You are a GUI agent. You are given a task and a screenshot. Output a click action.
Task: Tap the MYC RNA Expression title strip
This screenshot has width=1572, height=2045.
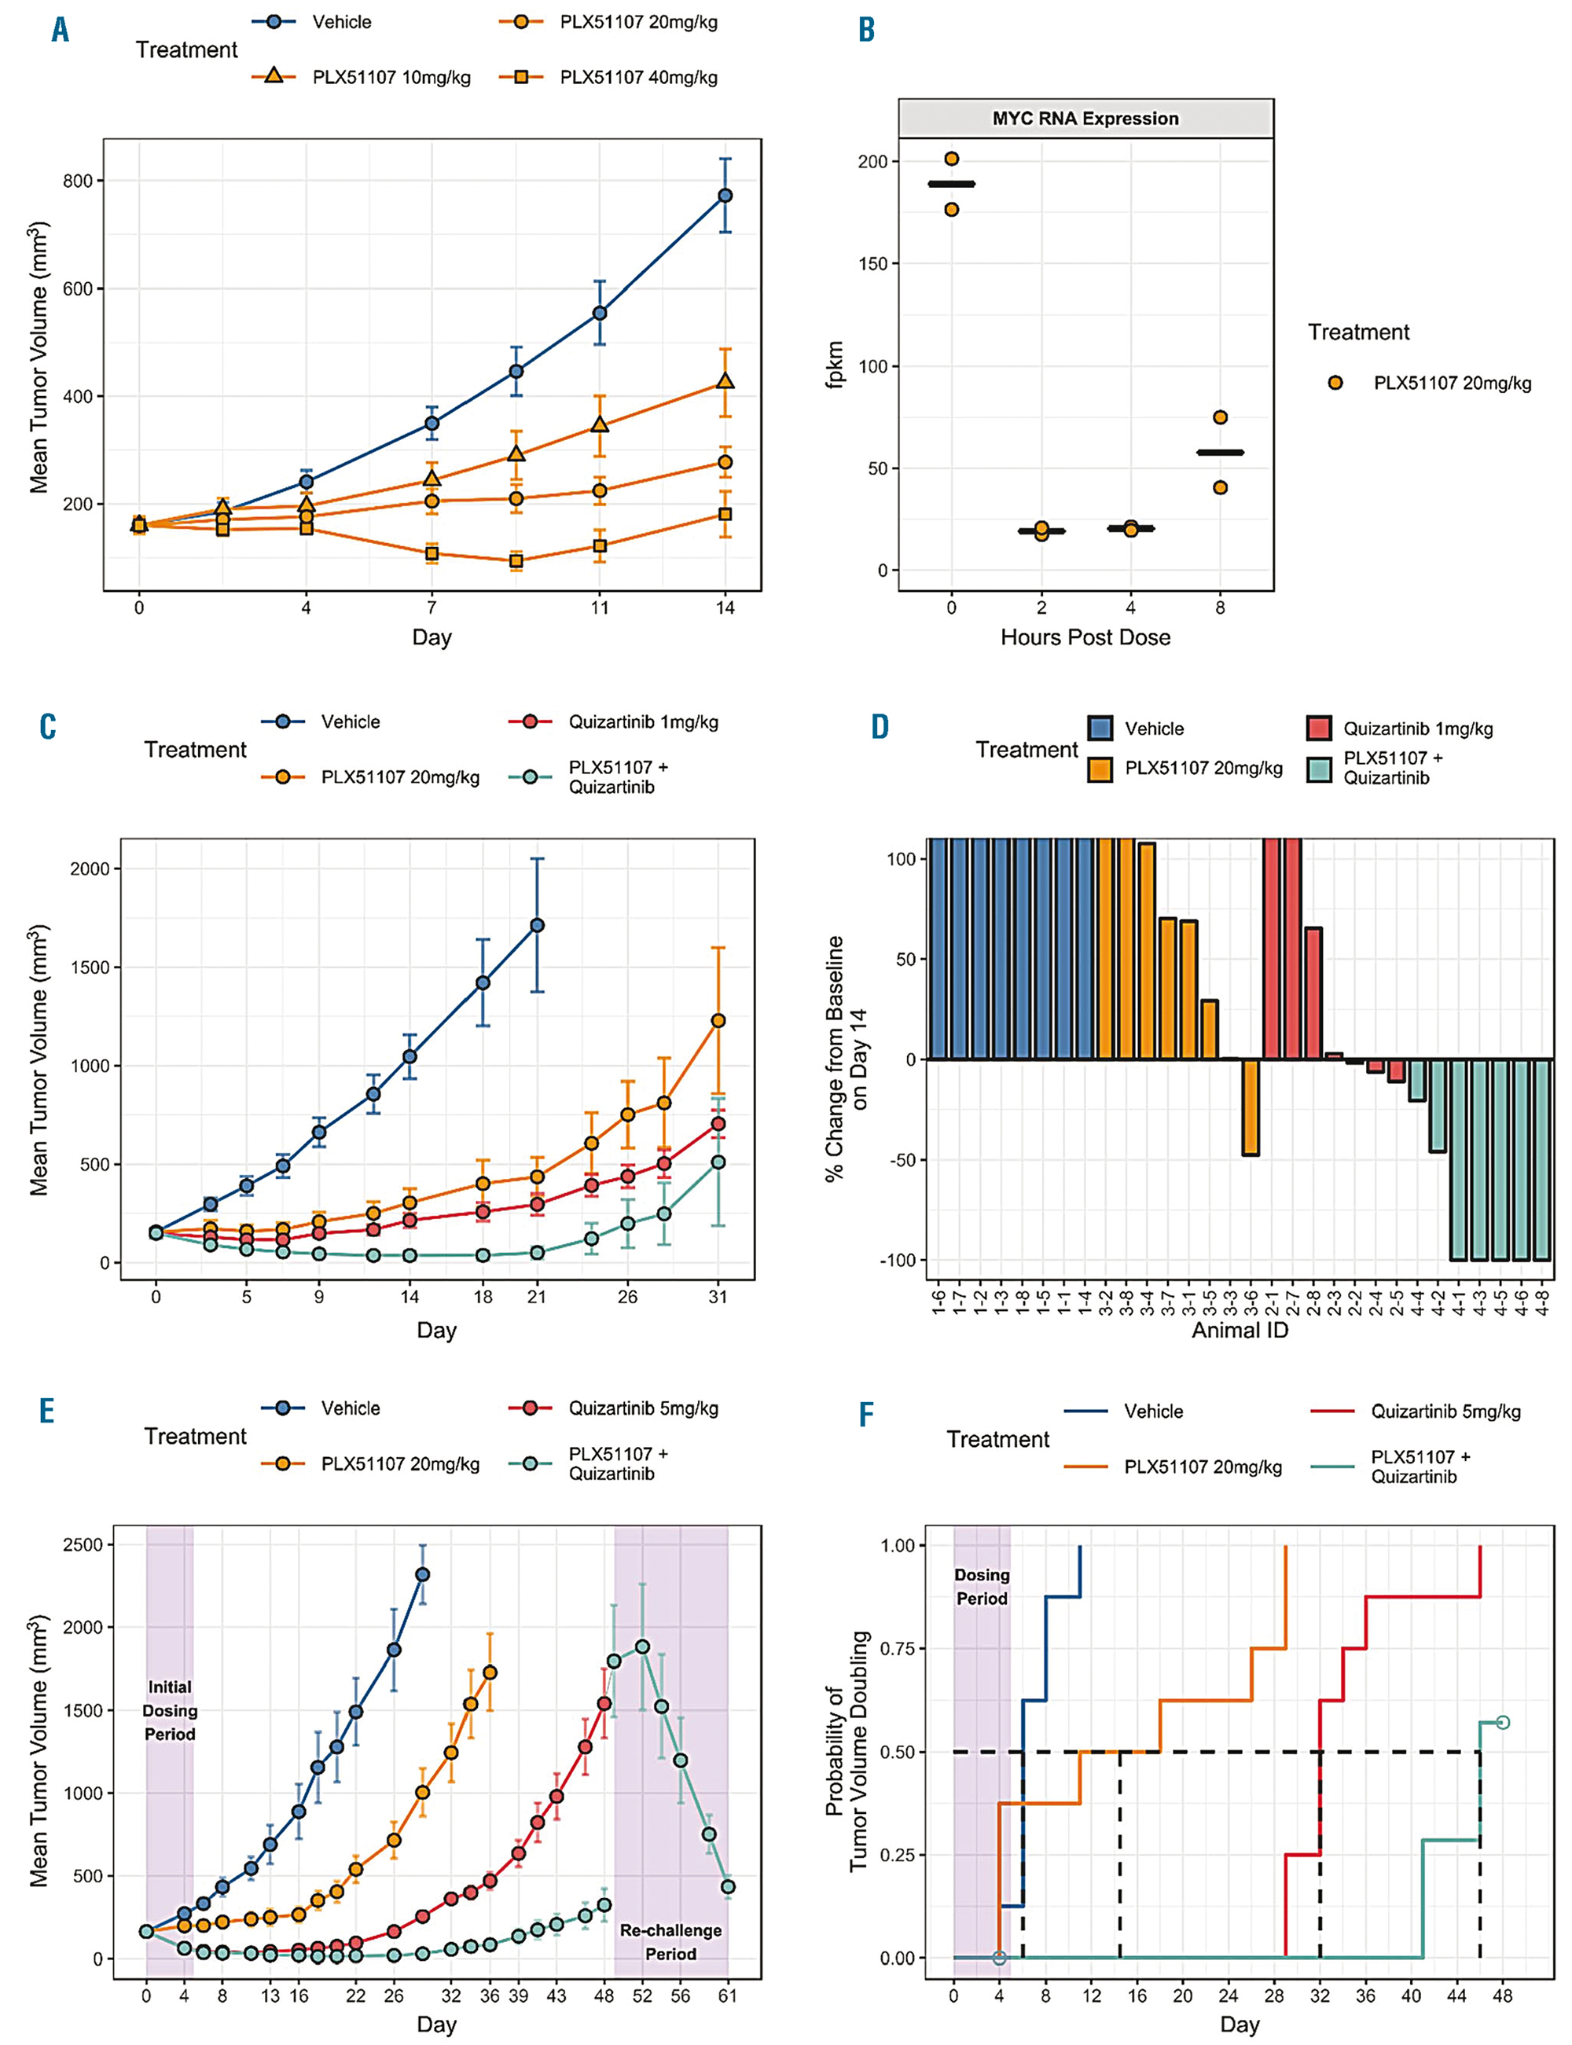[1085, 119]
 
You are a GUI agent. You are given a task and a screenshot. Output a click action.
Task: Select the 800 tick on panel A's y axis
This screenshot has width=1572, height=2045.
[78, 182]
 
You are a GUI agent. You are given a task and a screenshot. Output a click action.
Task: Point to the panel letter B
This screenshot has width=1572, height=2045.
[866, 30]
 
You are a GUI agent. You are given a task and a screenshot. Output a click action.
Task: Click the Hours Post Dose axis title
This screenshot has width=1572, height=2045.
[1085, 637]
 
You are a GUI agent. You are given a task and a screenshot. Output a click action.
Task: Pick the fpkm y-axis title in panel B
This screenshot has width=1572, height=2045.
[835, 364]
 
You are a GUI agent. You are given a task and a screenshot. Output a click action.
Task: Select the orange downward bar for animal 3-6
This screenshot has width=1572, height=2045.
[1250, 1107]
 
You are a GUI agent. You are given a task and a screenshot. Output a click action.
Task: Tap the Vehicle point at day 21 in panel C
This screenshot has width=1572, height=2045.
[537, 925]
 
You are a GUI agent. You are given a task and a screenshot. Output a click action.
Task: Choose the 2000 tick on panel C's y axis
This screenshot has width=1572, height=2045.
[90, 869]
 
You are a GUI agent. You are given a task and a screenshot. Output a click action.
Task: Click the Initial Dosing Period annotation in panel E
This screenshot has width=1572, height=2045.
[169, 1711]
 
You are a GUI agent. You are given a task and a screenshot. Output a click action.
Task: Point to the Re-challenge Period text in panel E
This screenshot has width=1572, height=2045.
[671, 1942]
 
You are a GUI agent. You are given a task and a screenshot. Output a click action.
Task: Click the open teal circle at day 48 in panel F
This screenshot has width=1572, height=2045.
[1503, 1722]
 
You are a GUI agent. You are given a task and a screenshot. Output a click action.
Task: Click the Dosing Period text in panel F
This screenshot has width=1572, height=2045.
[982, 1587]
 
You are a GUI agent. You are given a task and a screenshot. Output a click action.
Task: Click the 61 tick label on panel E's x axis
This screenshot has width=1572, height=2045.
[727, 1995]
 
